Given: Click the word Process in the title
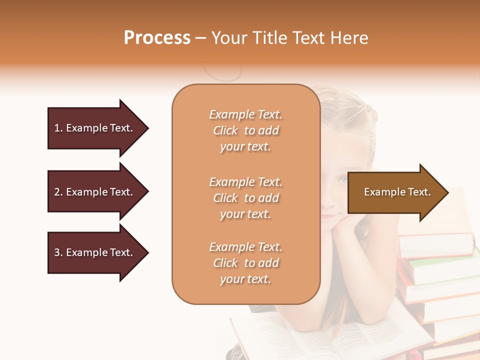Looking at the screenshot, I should click(x=157, y=38).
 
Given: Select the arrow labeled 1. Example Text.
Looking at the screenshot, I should click(x=95, y=128).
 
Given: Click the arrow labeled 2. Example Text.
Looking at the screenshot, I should click(x=95, y=192).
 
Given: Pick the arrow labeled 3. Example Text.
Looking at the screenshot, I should click(x=95, y=252).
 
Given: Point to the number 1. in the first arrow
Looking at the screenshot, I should click(x=58, y=128).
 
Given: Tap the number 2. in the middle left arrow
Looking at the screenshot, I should click(x=58, y=192).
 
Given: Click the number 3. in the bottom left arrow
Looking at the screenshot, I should click(x=58, y=252).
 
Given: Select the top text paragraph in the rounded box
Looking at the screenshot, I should click(x=245, y=130).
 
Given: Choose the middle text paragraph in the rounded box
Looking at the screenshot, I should click(x=245, y=198).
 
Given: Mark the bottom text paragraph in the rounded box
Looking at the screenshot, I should click(x=245, y=263).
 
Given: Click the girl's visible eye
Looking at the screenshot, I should click(x=343, y=178).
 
